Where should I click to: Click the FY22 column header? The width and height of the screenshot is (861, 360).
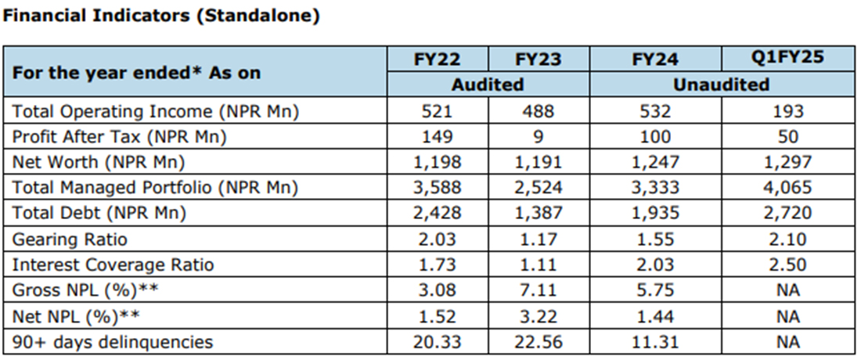click(x=437, y=59)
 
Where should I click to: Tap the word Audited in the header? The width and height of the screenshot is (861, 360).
click(x=488, y=84)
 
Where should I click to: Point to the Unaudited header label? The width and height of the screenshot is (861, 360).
click(x=721, y=84)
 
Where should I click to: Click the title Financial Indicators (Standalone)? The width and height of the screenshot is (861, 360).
click(x=162, y=16)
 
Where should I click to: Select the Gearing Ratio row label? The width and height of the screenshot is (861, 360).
click(x=70, y=239)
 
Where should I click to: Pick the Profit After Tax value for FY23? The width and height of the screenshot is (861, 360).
click(x=538, y=137)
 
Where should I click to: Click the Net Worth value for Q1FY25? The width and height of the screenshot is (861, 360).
click(x=788, y=163)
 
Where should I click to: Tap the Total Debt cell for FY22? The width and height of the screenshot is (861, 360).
click(x=437, y=213)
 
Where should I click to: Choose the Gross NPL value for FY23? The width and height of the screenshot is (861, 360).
click(x=538, y=290)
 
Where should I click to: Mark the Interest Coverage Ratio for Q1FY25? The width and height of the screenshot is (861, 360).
click(x=788, y=265)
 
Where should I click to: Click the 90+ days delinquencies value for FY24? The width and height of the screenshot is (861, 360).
click(x=654, y=341)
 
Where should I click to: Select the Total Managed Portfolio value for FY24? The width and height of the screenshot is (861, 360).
click(x=654, y=188)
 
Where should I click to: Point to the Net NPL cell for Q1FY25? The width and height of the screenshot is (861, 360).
click(x=788, y=316)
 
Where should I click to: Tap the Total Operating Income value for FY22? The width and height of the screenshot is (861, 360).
click(x=437, y=111)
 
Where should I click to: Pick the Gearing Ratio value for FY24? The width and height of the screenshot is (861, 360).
click(x=654, y=239)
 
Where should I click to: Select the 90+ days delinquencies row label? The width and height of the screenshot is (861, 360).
click(x=112, y=341)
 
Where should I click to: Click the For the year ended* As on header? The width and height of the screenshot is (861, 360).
click(x=136, y=73)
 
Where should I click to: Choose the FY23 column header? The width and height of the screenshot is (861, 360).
click(x=538, y=59)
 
